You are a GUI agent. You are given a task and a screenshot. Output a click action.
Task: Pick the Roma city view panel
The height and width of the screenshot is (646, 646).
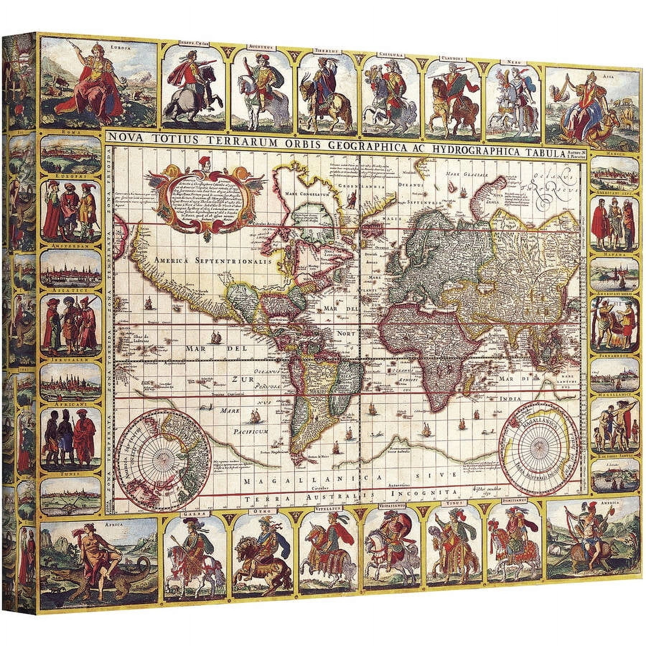coord(71,154)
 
